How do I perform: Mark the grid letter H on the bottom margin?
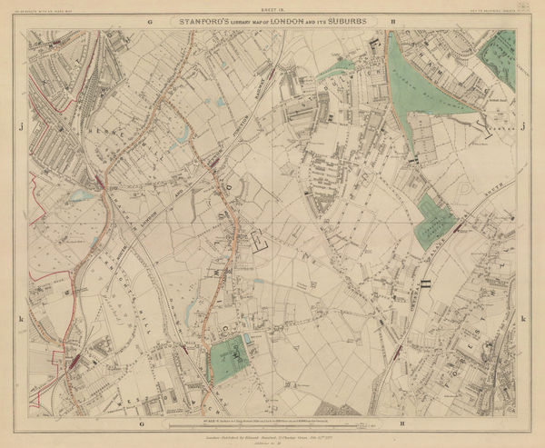[400, 424]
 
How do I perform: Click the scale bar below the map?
[272, 421]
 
